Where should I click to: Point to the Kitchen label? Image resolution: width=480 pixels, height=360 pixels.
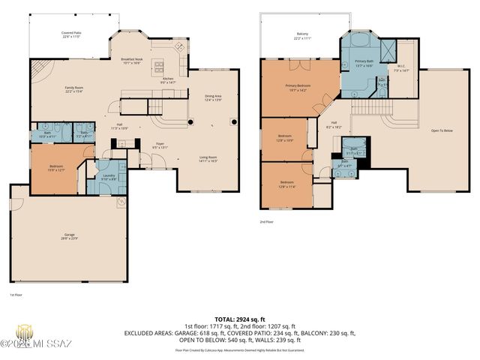[x=168, y=79]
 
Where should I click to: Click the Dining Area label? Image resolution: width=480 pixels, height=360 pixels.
[x=213, y=97]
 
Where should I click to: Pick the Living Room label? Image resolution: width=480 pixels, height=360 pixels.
[x=208, y=158]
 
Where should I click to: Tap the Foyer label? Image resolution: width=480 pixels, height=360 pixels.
[x=160, y=145]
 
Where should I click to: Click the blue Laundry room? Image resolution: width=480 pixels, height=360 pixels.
[x=109, y=178]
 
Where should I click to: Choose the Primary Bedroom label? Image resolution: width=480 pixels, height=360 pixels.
[x=297, y=87]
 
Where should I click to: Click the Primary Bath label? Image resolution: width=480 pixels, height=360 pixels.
[x=364, y=61]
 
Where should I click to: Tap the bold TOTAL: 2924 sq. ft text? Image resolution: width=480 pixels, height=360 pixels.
[x=240, y=319]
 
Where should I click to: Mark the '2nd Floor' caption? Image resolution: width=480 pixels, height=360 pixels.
[x=266, y=223]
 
